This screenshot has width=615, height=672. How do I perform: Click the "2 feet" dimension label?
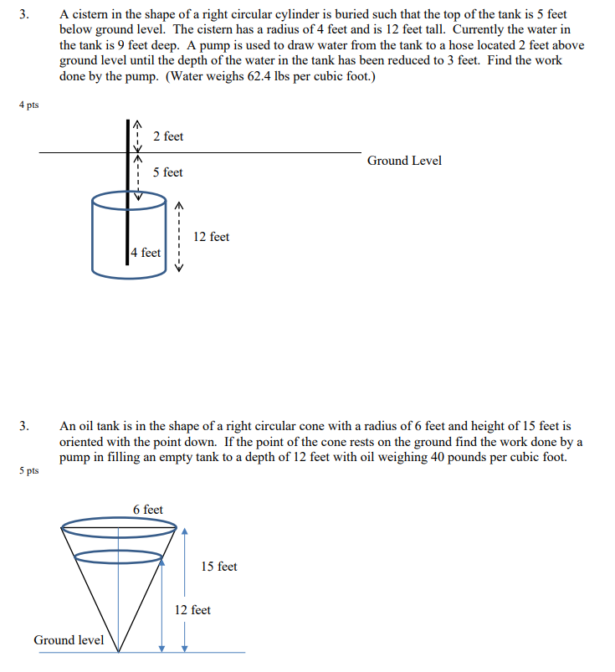pos(168,136)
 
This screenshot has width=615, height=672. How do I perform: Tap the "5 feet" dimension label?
pos(167,172)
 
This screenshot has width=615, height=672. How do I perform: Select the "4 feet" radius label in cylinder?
pos(146,253)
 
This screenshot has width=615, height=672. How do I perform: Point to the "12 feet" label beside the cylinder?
pos(211,237)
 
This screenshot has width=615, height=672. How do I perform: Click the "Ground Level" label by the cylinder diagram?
pos(404,161)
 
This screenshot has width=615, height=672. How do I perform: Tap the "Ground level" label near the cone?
pos(69,640)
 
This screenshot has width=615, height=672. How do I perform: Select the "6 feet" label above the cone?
pos(148,510)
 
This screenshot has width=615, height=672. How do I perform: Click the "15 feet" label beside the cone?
pos(219,567)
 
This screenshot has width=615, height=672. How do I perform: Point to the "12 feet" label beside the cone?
pos(192,610)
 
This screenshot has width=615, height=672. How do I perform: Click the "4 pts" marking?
pos(28,105)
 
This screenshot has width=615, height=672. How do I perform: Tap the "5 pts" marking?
pos(28,471)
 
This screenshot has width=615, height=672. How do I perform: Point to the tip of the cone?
pos(120,651)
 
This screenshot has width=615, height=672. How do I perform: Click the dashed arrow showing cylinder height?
pos(177,237)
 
